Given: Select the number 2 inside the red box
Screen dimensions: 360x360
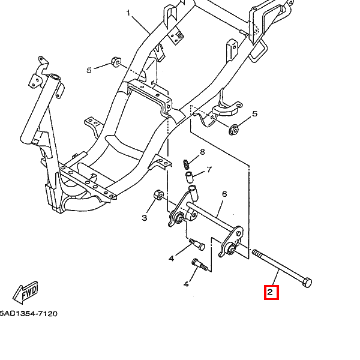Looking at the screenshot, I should click(x=271, y=293).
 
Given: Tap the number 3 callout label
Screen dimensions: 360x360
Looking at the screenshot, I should click(x=145, y=218).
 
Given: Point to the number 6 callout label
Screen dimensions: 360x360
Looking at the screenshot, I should click(x=224, y=194).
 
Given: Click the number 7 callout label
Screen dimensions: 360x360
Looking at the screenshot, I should click(x=209, y=169).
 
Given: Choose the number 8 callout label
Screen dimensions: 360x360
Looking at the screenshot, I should click(x=202, y=152).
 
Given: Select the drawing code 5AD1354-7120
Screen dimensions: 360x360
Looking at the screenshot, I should click(x=28, y=314).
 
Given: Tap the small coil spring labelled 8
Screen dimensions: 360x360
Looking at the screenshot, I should click(x=186, y=163).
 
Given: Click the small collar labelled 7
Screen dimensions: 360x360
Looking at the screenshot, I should click(x=188, y=176).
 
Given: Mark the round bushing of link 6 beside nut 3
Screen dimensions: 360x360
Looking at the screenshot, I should click(x=178, y=218).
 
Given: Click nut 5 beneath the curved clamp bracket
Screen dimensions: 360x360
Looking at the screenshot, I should click(x=235, y=128).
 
